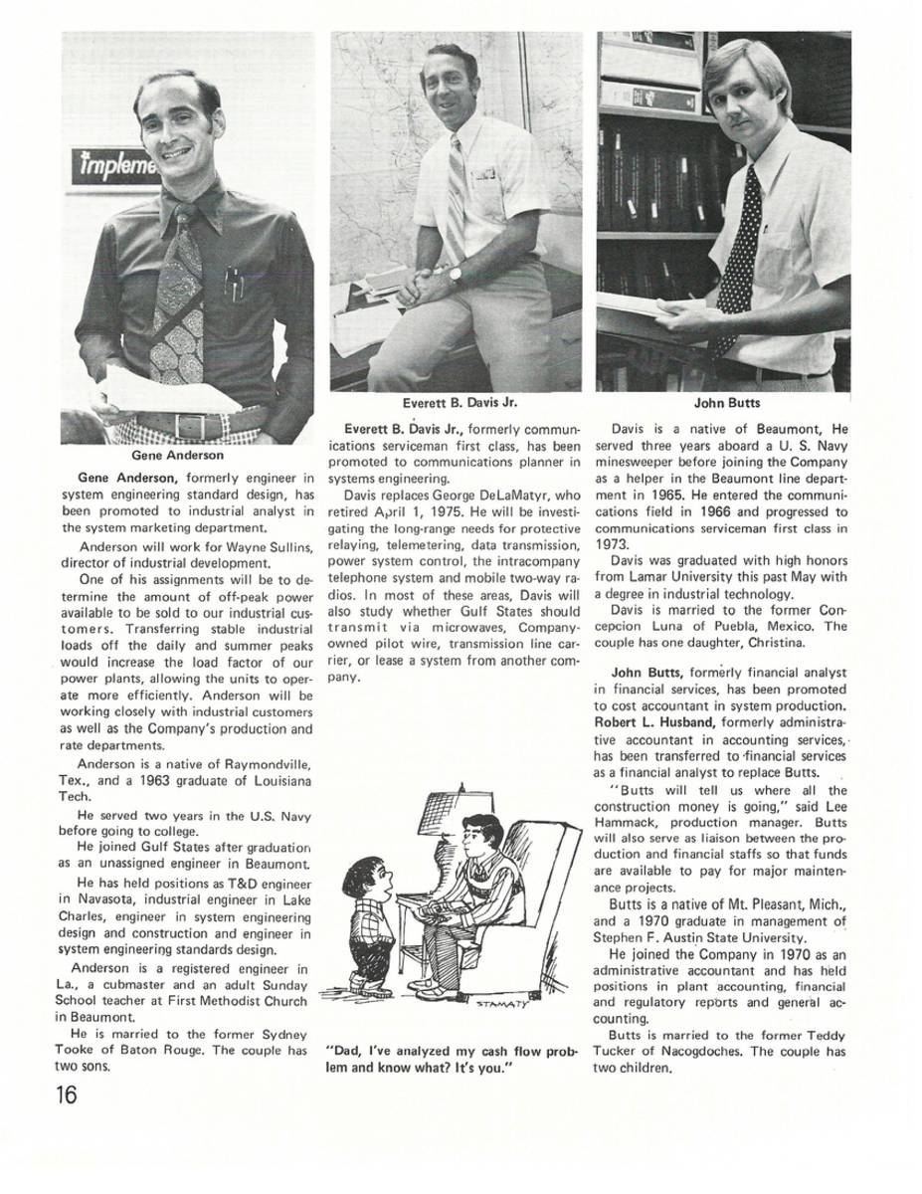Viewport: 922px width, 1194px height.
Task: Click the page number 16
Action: coord(67,1094)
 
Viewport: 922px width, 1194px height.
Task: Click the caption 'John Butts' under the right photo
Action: coord(723,404)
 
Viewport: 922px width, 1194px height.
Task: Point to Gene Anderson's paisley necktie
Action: coord(178,298)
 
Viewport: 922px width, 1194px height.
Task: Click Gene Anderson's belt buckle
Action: coord(187,426)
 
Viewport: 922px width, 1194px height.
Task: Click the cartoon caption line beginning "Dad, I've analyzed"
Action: coord(453,1051)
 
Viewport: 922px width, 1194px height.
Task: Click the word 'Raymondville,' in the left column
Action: coord(257,764)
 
